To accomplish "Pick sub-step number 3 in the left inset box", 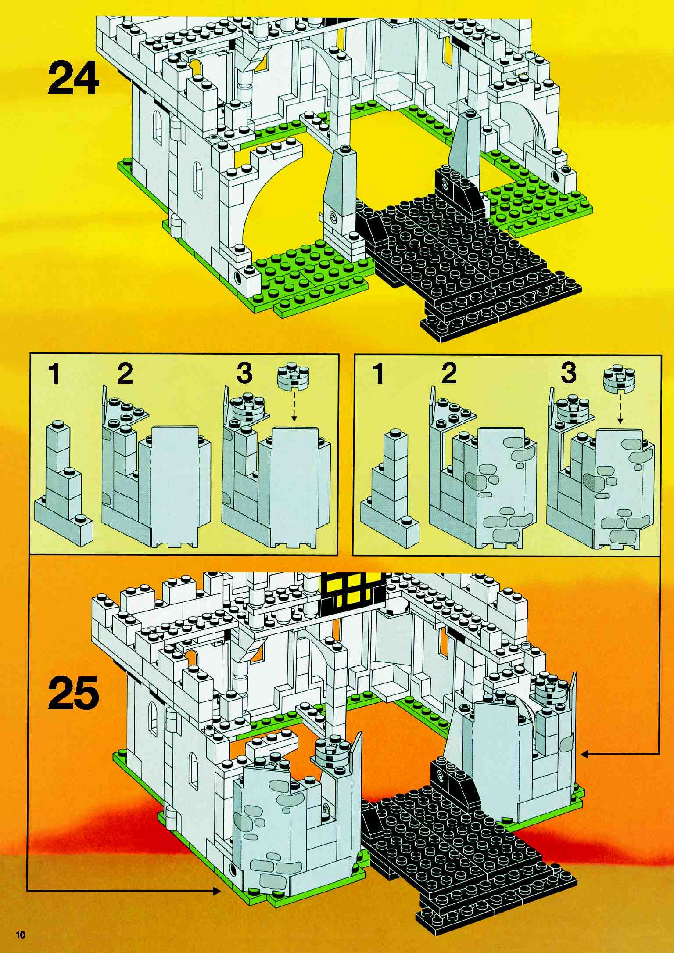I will coord(244,374).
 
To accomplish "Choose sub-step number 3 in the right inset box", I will coord(568,374).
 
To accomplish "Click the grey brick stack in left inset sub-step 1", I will coord(62,486).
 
